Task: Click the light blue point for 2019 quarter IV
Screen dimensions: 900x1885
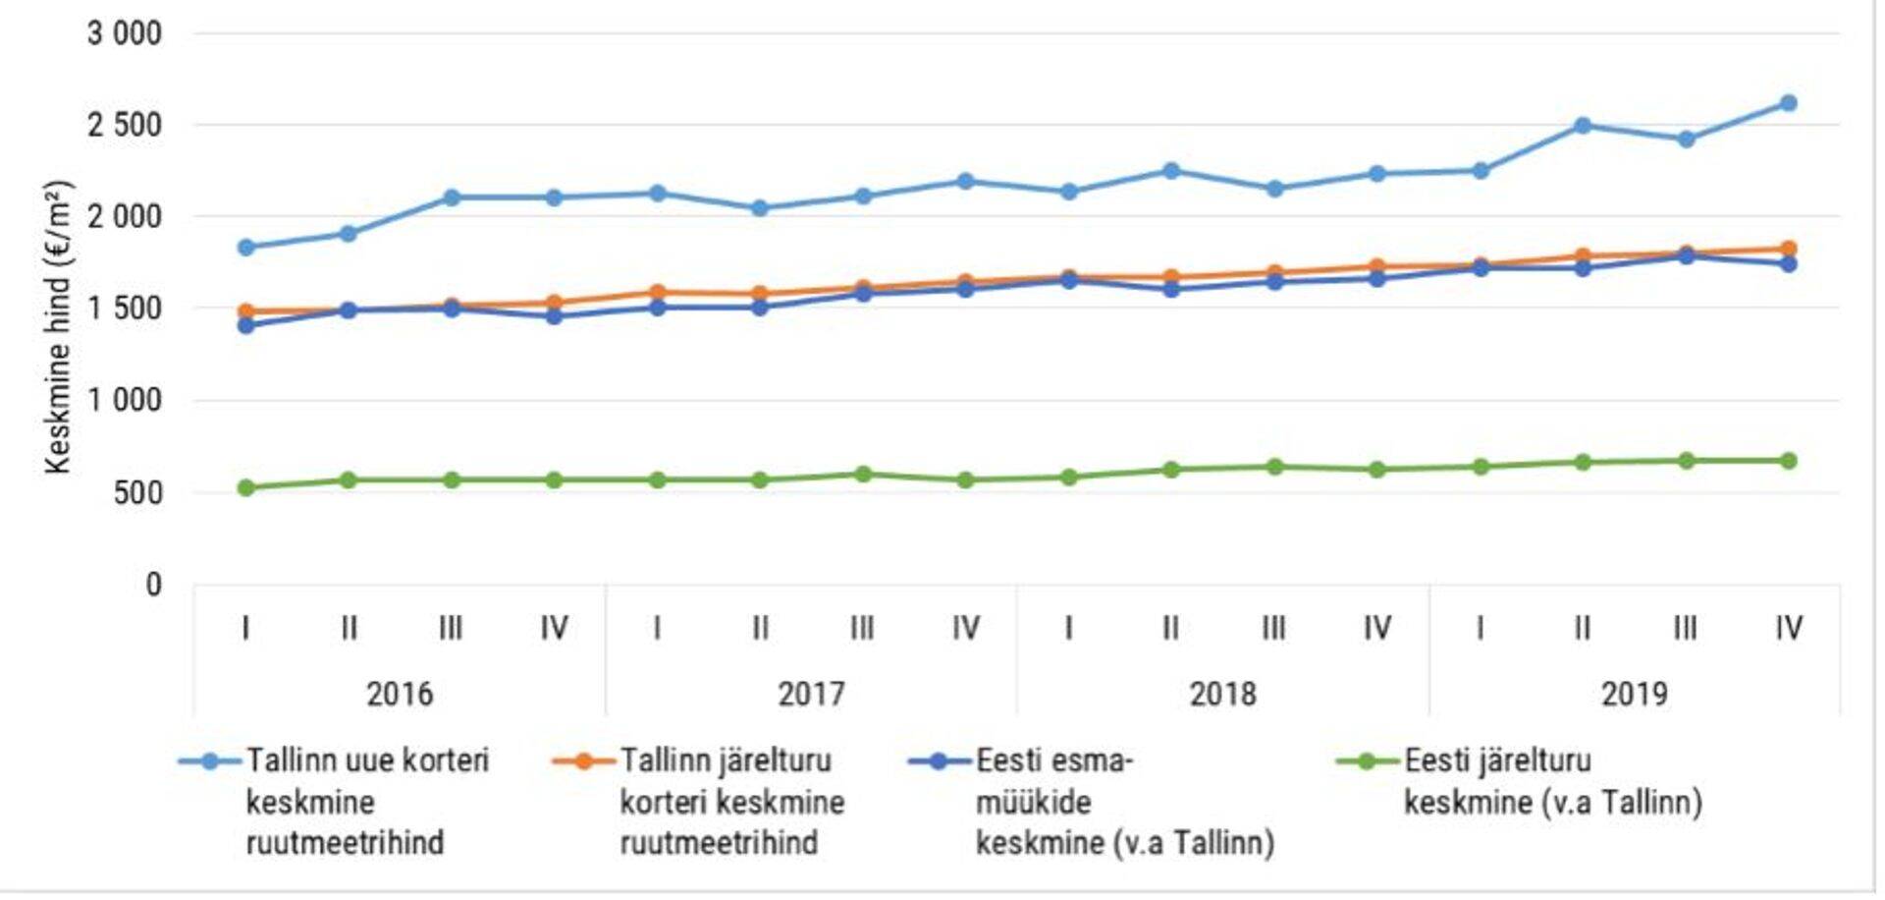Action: point(1788,103)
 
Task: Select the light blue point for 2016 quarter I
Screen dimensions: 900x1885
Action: point(246,248)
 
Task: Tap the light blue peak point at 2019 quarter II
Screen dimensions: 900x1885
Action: point(1583,126)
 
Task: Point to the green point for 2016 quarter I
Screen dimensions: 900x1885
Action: point(246,487)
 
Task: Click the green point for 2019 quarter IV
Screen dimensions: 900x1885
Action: point(1788,461)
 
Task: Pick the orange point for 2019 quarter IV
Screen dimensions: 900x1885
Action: point(1788,250)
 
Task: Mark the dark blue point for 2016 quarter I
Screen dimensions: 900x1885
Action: point(246,325)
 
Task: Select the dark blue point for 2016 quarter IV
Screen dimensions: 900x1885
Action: point(555,316)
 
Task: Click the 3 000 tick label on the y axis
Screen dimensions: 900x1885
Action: point(124,33)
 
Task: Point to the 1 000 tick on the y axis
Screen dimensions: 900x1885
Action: point(124,400)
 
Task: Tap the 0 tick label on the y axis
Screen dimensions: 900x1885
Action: point(153,585)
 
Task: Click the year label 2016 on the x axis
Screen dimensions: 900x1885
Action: point(400,694)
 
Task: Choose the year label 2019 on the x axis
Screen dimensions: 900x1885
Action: point(1634,694)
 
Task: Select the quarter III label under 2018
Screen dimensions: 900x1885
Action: point(1273,628)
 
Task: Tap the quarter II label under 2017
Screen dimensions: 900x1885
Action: point(760,628)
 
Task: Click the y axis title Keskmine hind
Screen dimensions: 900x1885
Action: point(58,326)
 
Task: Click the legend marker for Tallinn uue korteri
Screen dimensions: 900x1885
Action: point(209,761)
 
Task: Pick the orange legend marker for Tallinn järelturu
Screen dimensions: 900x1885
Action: point(583,761)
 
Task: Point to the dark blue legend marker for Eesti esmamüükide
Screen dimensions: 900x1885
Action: point(940,761)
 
